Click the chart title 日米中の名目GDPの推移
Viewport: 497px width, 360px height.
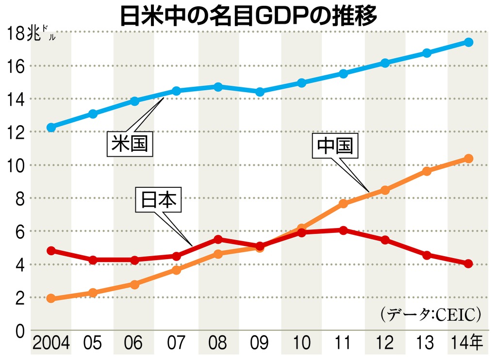point(248,16)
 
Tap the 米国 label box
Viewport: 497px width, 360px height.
point(130,145)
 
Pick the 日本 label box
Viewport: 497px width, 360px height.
point(158,200)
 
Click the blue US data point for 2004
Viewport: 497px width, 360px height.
point(51,128)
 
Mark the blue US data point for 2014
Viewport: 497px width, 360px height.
point(469,42)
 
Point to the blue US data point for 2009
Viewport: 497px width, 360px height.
point(260,92)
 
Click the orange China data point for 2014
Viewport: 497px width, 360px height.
point(469,159)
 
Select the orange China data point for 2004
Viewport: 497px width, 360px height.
point(51,298)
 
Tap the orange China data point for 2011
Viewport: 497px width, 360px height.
point(343,203)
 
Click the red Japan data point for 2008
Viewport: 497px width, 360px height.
point(218,240)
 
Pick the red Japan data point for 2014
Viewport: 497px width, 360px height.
point(469,263)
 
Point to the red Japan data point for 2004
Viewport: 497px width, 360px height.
point(51,251)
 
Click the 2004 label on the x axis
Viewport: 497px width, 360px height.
point(51,344)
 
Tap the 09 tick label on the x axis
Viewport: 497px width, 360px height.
point(260,344)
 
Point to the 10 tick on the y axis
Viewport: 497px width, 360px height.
point(16,165)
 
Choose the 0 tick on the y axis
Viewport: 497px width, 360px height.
point(20,331)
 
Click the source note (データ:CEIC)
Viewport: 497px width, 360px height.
point(431,314)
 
